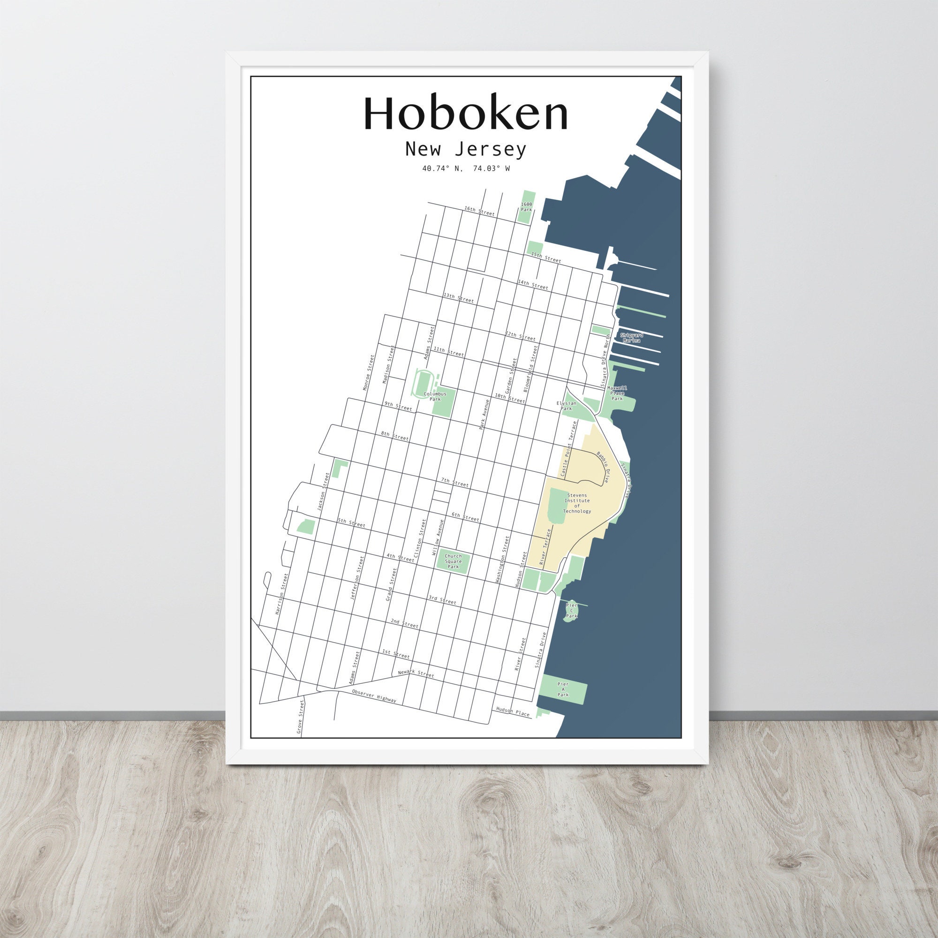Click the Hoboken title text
(465, 113)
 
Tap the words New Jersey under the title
(465, 150)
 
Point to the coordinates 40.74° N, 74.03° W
(466, 169)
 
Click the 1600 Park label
(526, 207)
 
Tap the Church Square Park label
(453, 561)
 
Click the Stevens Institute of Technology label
(577, 503)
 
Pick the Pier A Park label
(563, 690)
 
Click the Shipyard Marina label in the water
(631, 338)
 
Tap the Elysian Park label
(567, 406)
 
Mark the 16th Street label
(479, 211)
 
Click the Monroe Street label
(369, 373)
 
